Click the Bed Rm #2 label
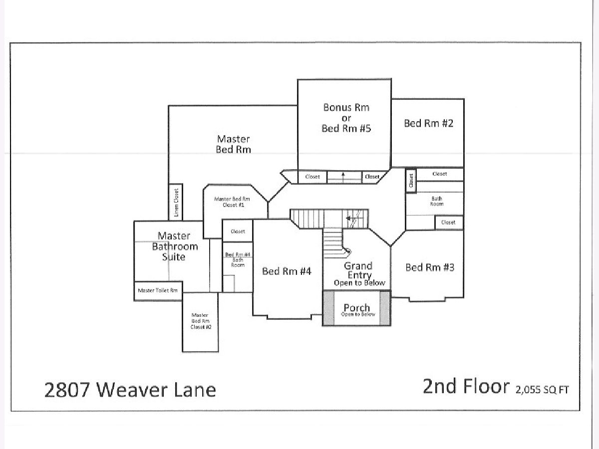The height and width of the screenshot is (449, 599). pos(428,123)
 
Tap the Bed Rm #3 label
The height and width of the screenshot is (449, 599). pos(429,267)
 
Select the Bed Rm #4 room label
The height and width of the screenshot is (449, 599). pos(287,271)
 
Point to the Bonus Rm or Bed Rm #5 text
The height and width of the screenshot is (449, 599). pos(346,118)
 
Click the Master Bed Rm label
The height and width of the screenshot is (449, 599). pos(233,144)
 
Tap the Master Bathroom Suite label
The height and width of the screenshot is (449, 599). pos(175,246)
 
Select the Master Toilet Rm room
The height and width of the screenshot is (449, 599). pos(158,291)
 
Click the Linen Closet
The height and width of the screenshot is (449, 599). pos(176,202)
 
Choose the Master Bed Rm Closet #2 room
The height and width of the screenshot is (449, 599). pos(200,321)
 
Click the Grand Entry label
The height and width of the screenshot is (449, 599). pos(357,270)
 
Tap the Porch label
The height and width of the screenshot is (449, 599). pos(357,308)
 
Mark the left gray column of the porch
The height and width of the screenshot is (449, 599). pos(328,308)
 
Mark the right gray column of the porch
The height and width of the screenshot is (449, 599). pos(385,308)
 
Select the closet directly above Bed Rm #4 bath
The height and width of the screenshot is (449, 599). pos(238,231)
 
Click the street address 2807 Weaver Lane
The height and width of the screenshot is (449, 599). pos(130,390)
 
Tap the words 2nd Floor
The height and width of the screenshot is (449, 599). pos(466,387)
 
